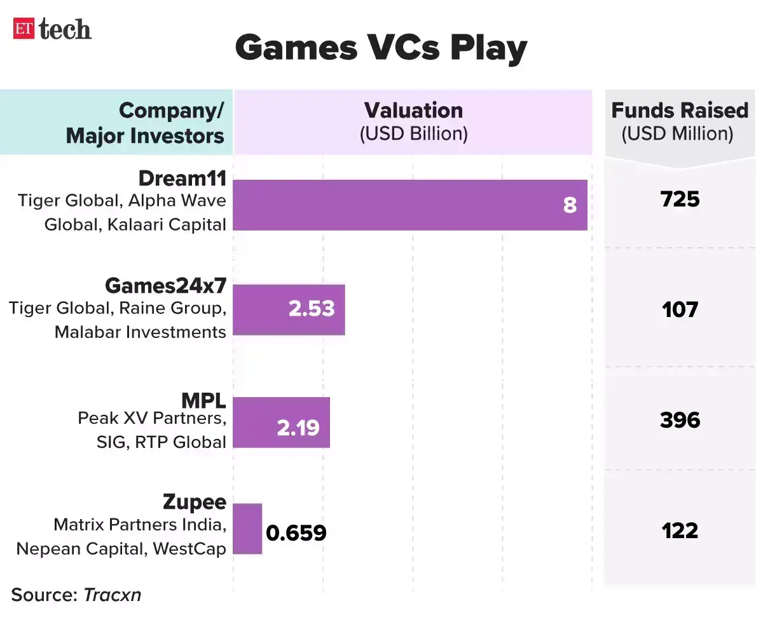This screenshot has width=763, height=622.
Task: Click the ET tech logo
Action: [52, 29]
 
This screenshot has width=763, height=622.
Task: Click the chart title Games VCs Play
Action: [381, 48]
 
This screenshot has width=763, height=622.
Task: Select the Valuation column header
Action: [413, 121]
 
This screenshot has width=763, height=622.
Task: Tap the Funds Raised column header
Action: [679, 121]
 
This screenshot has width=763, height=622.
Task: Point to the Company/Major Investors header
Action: [146, 123]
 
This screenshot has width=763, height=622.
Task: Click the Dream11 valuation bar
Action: [409, 205]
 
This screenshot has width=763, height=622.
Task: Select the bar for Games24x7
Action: [289, 309]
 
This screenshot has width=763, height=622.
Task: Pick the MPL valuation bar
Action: [281, 423]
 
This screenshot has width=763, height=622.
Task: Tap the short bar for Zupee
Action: [247, 529]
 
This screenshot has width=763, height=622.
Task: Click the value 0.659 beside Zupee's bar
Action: [296, 532]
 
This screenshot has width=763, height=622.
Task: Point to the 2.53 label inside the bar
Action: [311, 309]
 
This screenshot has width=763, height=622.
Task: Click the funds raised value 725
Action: [680, 199]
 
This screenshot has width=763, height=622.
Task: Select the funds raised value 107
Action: [680, 310]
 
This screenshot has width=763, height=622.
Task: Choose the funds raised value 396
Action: [680, 420]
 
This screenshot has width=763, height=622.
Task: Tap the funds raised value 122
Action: [680, 530]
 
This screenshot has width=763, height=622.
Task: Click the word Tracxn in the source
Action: [113, 595]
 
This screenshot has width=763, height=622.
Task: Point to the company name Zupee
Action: [194, 502]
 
